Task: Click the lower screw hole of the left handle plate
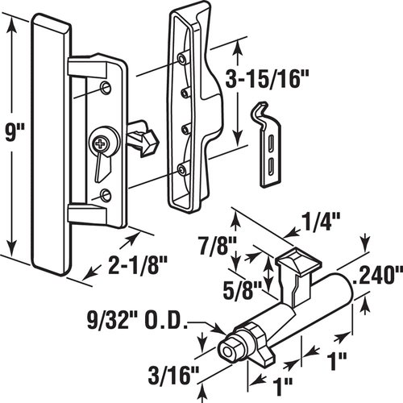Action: tap(106, 194)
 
